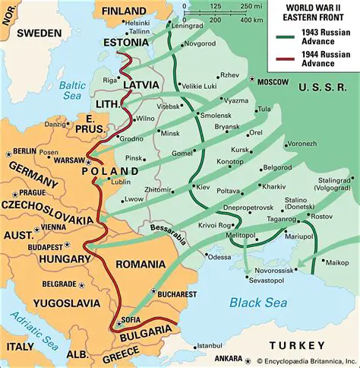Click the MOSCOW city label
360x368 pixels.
coord(273,81)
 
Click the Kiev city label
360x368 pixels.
coord(204,186)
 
